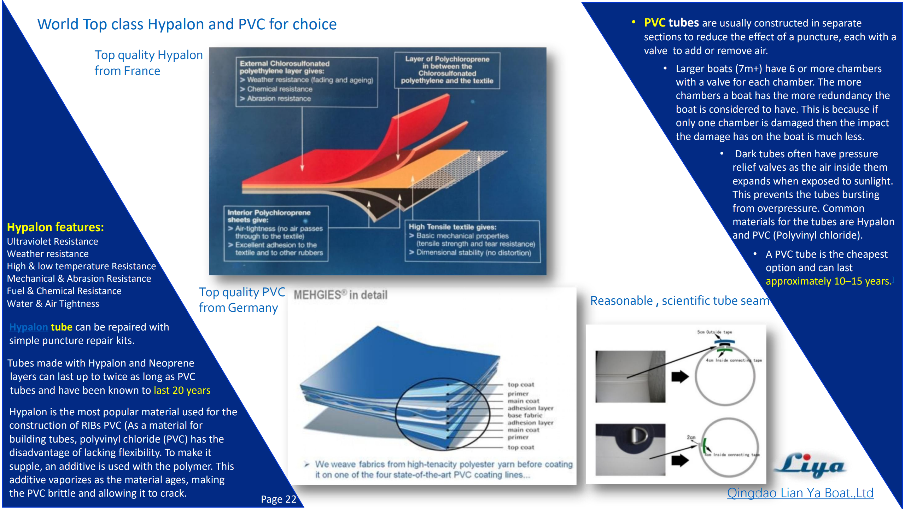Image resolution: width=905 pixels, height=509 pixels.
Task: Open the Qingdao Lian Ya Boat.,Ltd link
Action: [x=800, y=493]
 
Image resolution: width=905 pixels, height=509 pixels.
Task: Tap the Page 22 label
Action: [x=278, y=499]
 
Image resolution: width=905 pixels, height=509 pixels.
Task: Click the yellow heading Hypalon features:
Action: [x=56, y=227]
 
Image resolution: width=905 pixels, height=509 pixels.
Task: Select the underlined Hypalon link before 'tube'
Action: [x=28, y=327]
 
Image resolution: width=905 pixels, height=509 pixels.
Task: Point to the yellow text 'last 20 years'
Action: [x=182, y=390]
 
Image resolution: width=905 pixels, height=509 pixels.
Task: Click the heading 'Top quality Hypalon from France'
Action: [x=148, y=63]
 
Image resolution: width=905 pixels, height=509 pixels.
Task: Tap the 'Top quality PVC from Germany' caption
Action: [x=241, y=300]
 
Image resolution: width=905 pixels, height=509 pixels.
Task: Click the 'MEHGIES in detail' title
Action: [x=340, y=295]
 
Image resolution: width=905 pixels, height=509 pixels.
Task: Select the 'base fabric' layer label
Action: [x=525, y=415]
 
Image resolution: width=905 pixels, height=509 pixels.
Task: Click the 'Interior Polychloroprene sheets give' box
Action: [x=276, y=233]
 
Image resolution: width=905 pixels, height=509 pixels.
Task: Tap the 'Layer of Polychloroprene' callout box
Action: [x=447, y=70]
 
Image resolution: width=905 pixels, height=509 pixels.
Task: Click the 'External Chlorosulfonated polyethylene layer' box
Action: [x=306, y=81]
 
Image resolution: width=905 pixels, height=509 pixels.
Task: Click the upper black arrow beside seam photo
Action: [x=680, y=377]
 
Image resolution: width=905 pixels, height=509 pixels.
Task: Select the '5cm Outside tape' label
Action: [x=714, y=332]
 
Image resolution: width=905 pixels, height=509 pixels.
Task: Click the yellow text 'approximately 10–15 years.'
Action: [x=828, y=281]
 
